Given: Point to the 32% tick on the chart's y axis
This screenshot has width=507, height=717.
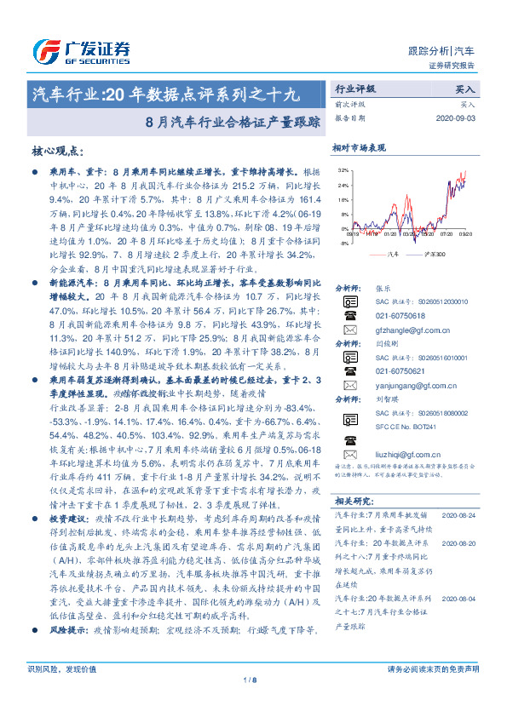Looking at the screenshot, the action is pos(342,171).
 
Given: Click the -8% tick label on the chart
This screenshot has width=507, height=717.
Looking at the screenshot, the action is pos(342,243).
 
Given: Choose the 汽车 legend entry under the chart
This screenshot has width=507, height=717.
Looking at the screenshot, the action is pos(384,254).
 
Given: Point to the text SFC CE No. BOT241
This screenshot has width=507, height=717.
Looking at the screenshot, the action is pos(405,450).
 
